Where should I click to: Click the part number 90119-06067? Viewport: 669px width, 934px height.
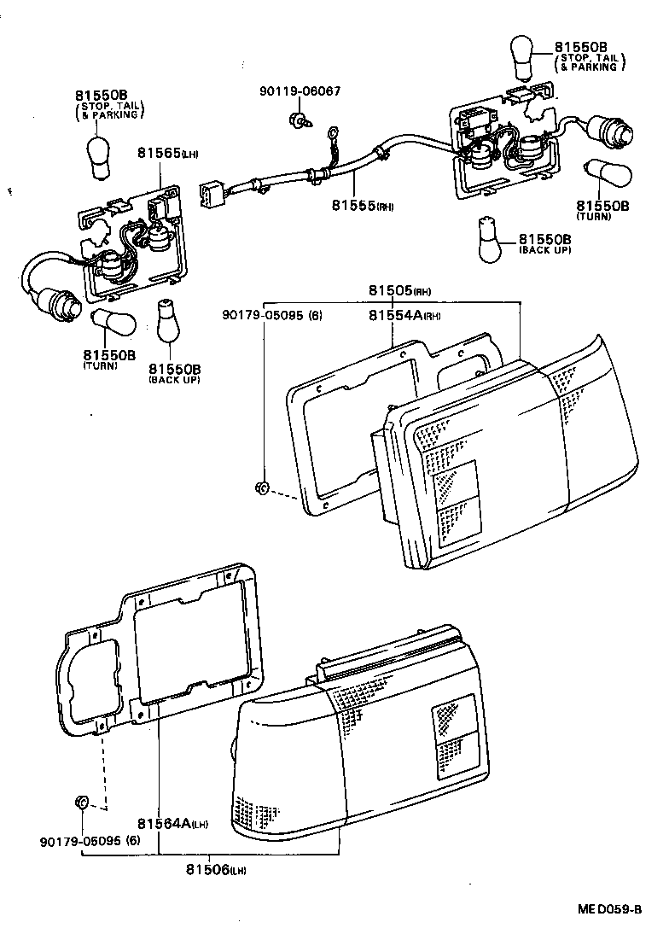300,91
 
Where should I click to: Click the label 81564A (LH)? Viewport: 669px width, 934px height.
172,824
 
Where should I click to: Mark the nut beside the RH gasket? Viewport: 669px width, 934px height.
263,489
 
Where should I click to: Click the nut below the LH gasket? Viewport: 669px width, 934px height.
81,803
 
